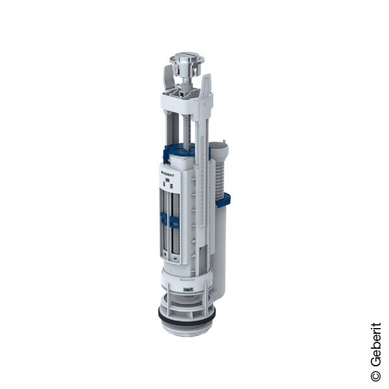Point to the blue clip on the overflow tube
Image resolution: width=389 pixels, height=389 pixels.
point(223,200)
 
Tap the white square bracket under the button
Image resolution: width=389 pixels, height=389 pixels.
point(187,100)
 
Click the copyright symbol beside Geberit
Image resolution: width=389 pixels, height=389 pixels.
point(375,375)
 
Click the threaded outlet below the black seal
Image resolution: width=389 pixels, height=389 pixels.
point(185,329)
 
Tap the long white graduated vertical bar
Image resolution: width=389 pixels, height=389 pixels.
point(202,194)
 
